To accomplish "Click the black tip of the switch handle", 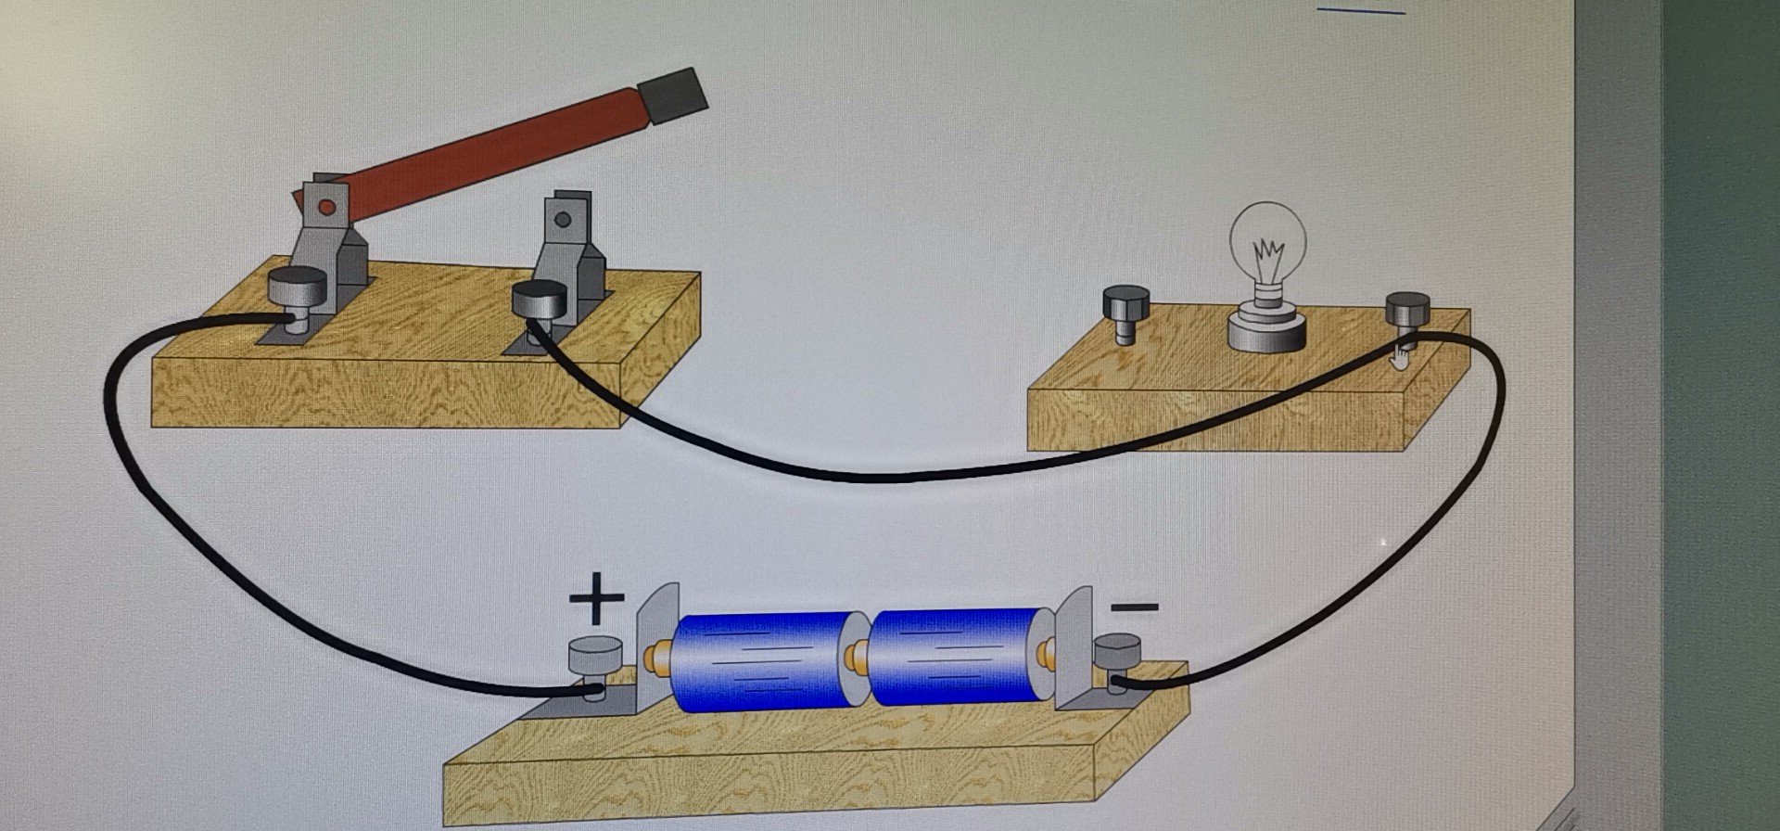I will click(674, 96).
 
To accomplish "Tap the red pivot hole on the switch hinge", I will click(324, 207).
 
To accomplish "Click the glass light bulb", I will click(1267, 247).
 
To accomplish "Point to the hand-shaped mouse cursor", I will click(1399, 354).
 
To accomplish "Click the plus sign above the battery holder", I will click(596, 598).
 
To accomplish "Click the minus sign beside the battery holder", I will click(1135, 608).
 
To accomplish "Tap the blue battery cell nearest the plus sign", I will click(758, 660).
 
